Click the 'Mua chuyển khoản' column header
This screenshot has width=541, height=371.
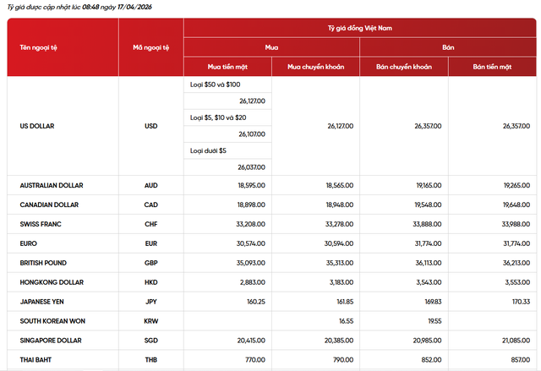coord(316,67)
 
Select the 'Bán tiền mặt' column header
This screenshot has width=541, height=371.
coord(494,67)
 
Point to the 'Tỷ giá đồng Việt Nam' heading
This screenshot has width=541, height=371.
coord(361,28)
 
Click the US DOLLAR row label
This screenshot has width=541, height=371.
coord(37,126)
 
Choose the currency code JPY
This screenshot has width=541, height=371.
coord(151,302)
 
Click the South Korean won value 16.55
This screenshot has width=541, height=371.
coord(344,321)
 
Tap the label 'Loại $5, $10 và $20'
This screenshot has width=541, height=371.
coord(218,117)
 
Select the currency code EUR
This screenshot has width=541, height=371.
coord(151,243)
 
